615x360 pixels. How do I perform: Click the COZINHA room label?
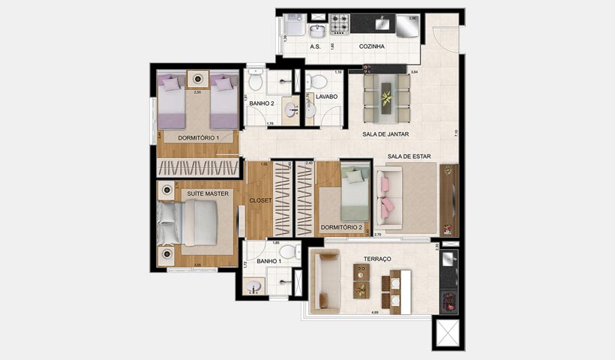click(372, 46)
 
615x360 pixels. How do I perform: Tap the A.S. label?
click(315, 46)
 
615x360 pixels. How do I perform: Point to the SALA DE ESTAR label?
click(409, 157)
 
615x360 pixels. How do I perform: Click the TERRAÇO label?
click(377, 258)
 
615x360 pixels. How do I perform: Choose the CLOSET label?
click(259, 200)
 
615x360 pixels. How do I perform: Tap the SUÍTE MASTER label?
click(207, 193)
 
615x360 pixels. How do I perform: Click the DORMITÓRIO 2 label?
click(341, 227)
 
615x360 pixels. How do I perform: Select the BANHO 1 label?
click(268, 262)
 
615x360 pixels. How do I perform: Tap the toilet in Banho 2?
click(256, 79)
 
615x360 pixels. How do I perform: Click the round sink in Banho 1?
click(253, 286)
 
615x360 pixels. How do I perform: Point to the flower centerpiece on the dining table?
click(386, 97)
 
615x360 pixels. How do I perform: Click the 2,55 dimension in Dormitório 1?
click(198, 92)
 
